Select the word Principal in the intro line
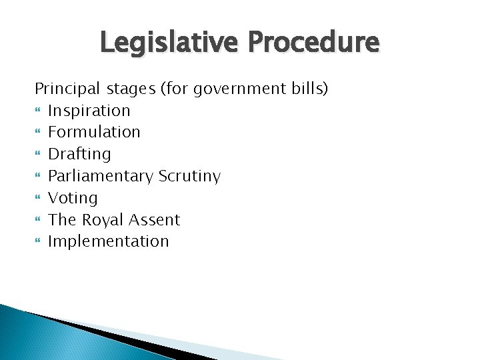point(65,89)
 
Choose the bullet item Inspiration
point(89,111)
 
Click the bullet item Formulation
point(94,132)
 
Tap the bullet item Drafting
point(79,154)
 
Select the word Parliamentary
point(101,176)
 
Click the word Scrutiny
point(189,176)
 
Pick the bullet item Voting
point(73,198)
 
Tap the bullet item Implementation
point(109,241)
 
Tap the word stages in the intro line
point(126,89)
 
